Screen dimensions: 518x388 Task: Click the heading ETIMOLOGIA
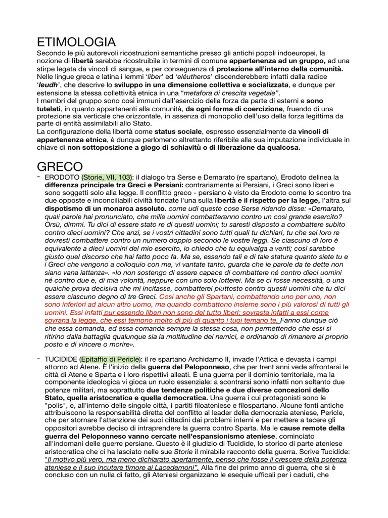[77, 41]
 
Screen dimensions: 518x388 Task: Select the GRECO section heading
[60, 166]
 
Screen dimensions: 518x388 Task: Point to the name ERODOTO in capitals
[62, 177]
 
